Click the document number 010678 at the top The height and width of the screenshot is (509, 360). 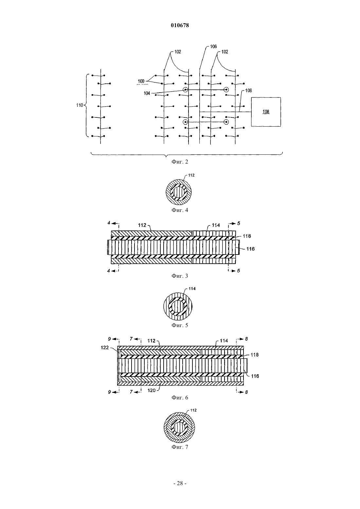tap(180, 25)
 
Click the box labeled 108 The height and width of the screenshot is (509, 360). tap(266, 112)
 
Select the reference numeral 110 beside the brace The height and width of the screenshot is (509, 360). tap(80, 105)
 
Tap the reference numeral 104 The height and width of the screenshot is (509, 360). tap(147, 93)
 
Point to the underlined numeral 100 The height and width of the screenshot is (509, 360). tap(141, 81)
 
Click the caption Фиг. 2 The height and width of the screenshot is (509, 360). tap(180, 162)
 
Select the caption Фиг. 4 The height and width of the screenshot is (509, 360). tap(180, 210)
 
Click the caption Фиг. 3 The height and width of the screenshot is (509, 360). tap(180, 276)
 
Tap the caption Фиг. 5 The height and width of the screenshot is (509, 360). tap(180, 325)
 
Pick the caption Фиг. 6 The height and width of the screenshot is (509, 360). tap(180, 397)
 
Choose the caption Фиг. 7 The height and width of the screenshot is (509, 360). tap(180, 447)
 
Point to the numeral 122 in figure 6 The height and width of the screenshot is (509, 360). tap(104, 347)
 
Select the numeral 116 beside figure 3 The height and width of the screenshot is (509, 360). tap(250, 249)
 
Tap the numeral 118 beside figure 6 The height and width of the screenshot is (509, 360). tap(255, 355)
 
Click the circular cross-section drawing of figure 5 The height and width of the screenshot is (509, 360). tap(178, 306)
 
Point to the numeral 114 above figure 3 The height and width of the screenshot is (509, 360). tap(216, 225)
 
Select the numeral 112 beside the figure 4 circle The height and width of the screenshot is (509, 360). tap(191, 175)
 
